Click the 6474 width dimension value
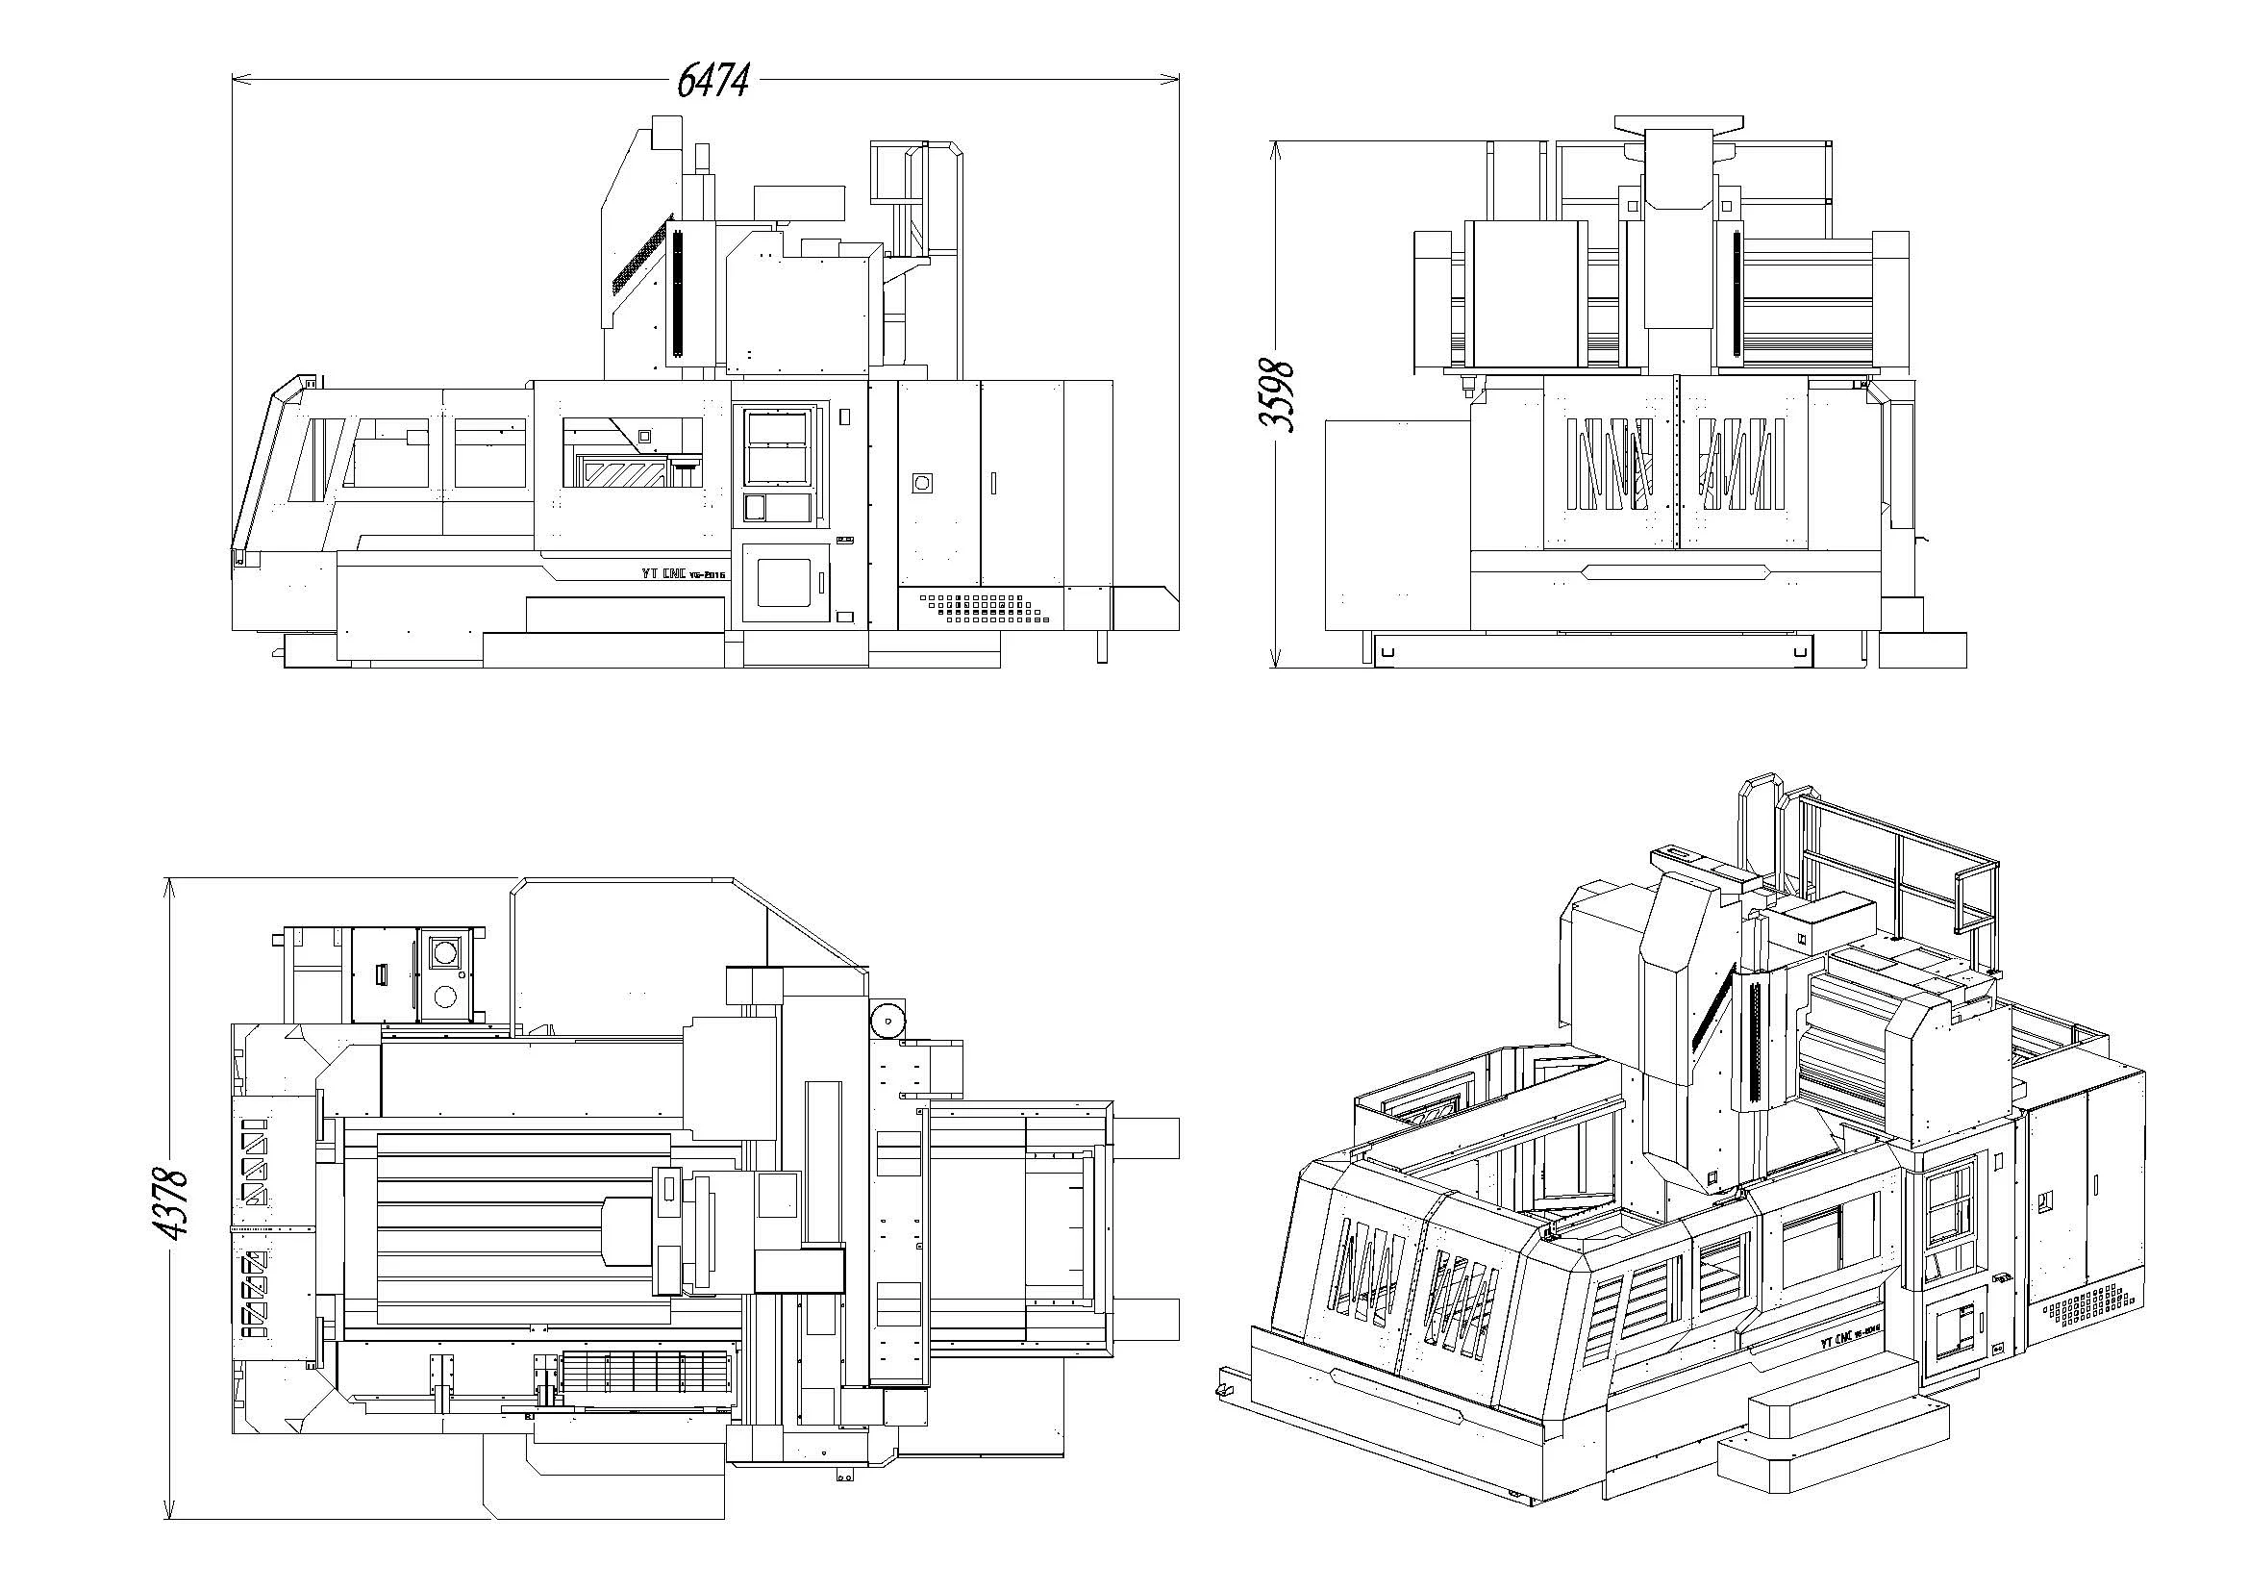click(713, 79)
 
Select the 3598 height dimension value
click(1276, 395)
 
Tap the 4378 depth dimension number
click(174, 1204)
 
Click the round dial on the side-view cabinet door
click(921, 483)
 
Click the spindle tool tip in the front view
click(1466, 389)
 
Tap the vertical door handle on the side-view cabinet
click(993, 483)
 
